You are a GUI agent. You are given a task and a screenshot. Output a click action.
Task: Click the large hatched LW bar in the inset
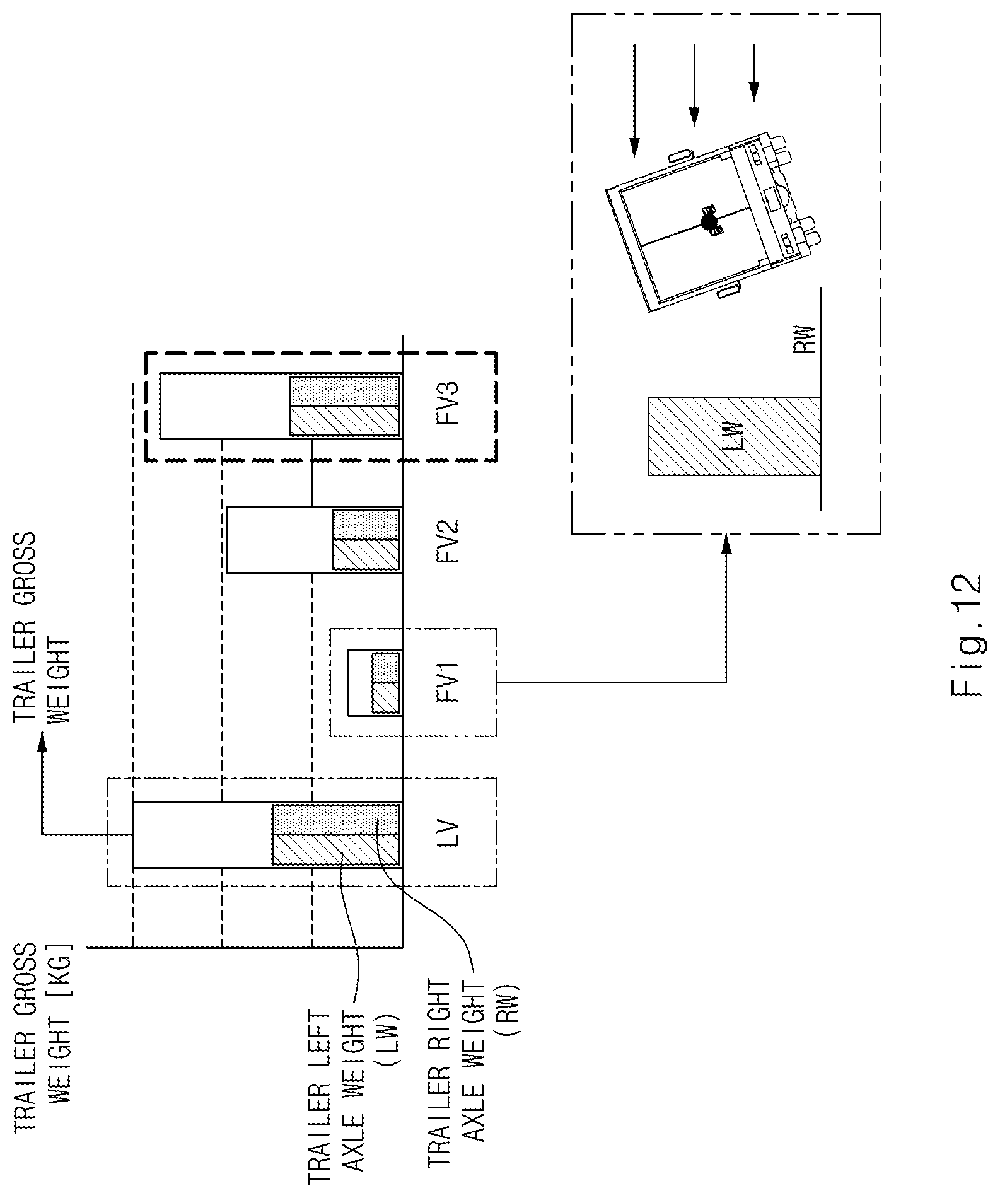click(734, 436)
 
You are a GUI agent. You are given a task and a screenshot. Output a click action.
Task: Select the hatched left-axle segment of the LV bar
click(336, 850)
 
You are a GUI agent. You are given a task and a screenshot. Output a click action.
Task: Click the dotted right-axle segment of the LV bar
click(336, 820)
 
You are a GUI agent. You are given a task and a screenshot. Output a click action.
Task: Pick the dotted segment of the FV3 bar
click(345, 391)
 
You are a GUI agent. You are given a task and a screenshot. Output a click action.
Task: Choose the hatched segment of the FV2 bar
click(366, 555)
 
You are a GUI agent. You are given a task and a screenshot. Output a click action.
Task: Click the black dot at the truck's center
click(709, 221)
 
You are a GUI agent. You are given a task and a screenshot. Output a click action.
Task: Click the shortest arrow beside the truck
click(753, 72)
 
